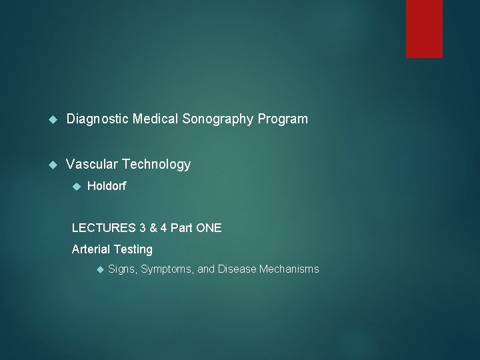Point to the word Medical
(x=154, y=119)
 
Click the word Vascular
(x=91, y=164)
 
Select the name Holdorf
(x=106, y=187)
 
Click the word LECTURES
(x=103, y=228)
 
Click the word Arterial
(x=91, y=249)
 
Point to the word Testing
(x=133, y=249)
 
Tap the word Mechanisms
(x=289, y=269)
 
